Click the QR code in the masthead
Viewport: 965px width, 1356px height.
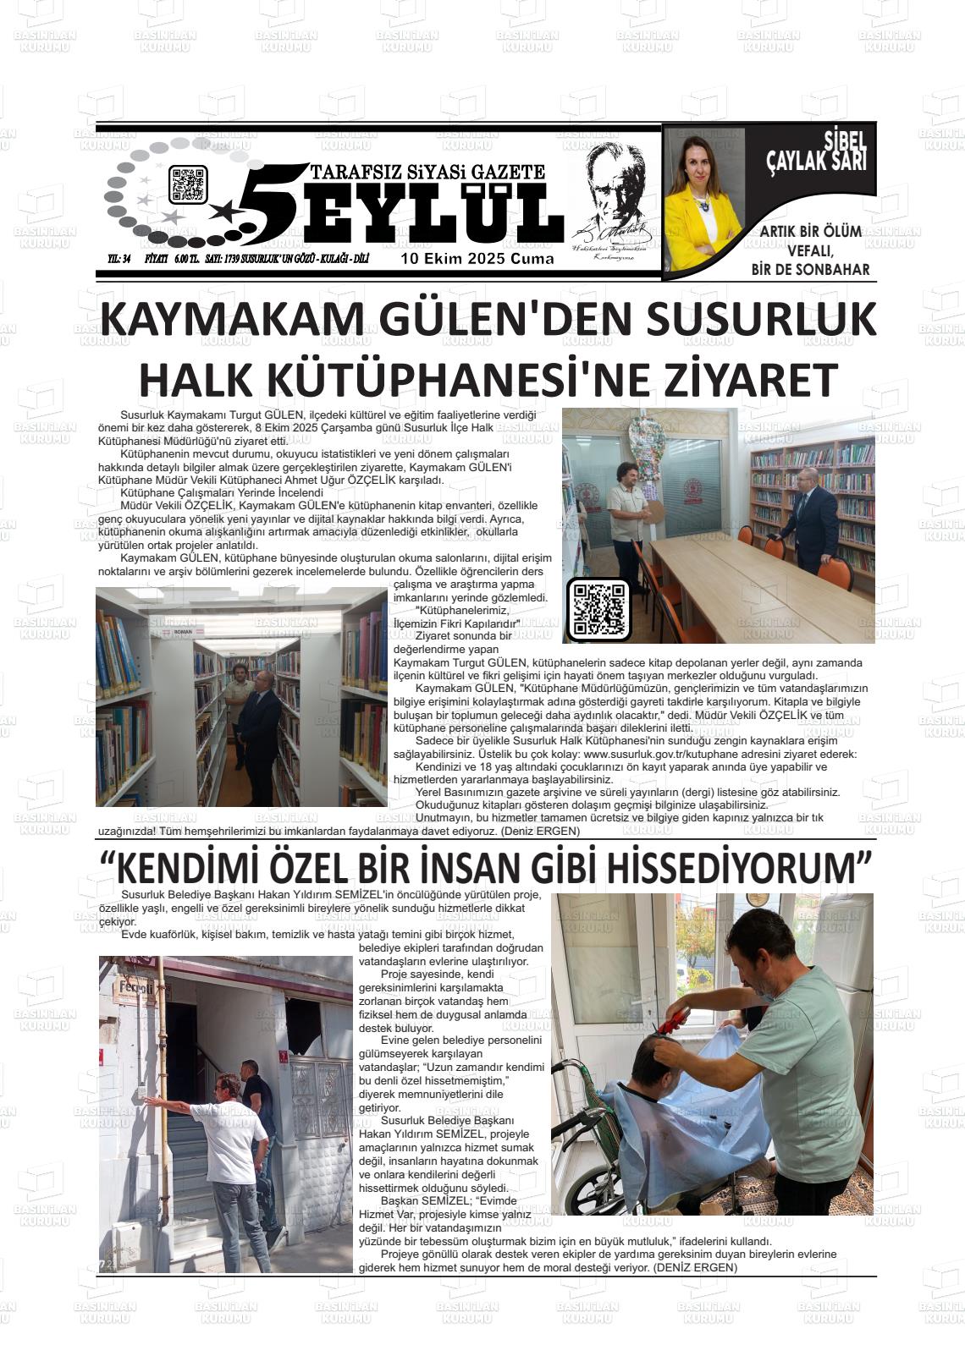coord(188,184)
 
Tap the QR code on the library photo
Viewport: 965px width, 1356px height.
coord(598,609)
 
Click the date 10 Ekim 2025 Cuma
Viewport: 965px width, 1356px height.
coord(477,259)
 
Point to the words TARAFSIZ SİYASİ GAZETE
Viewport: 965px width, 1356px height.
coord(427,172)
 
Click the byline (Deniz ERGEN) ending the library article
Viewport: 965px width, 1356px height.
coord(540,831)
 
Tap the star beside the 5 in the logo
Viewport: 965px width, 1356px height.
coord(224,208)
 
